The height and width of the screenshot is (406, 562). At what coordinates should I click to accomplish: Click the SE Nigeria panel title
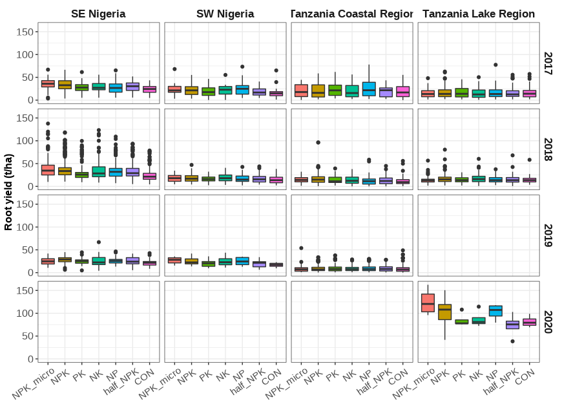pyautogui.click(x=98, y=14)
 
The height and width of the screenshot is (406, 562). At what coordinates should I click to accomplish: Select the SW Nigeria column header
pyautogui.click(x=225, y=14)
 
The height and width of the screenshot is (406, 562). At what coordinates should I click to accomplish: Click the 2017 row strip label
pyautogui.click(x=548, y=64)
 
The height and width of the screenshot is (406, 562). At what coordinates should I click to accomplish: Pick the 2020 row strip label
pyautogui.click(x=548, y=322)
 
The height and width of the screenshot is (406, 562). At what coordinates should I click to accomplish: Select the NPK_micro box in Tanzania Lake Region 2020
pyautogui.click(x=428, y=303)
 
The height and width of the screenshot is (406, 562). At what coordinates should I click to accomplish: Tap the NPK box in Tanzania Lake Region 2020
pyautogui.click(x=444, y=312)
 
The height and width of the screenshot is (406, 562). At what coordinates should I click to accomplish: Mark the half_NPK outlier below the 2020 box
pyautogui.click(x=512, y=341)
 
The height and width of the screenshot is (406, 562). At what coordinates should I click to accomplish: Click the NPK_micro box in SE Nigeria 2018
pyautogui.click(x=48, y=170)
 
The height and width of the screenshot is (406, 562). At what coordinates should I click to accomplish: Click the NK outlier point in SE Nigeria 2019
pyautogui.click(x=99, y=242)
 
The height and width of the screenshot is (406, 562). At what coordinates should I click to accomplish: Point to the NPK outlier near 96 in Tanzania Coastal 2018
pyautogui.click(x=318, y=142)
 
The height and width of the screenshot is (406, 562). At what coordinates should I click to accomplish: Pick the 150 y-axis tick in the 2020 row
pyautogui.click(x=26, y=291)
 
